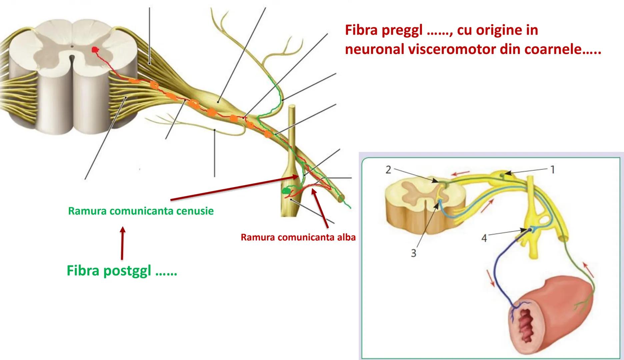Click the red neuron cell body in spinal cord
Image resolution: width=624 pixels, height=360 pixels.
[x=96, y=50]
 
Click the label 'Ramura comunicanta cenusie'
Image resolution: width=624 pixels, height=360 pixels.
[x=141, y=211]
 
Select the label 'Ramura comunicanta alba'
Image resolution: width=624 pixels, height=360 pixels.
[x=298, y=237]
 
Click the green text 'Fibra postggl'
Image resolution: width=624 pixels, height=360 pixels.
[x=122, y=271]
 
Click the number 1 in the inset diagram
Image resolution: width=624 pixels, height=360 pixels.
[x=552, y=170]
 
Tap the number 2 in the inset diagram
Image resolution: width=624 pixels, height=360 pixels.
[x=388, y=170]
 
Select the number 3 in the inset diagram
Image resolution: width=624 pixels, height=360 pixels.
[x=414, y=253]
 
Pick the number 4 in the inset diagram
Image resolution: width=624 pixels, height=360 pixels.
[x=484, y=238]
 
